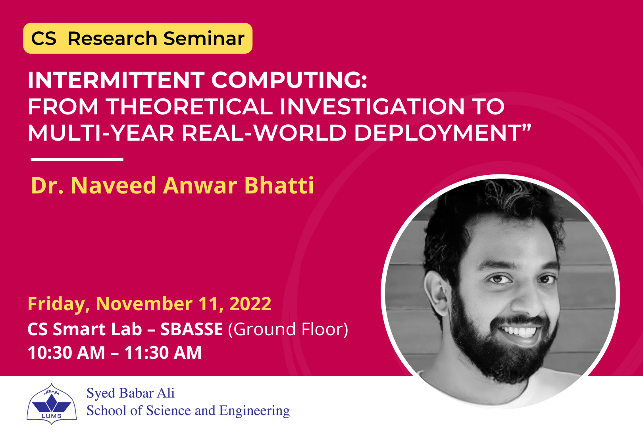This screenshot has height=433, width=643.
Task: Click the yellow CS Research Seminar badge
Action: [x=138, y=39]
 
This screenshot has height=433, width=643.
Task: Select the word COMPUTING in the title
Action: [x=289, y=80]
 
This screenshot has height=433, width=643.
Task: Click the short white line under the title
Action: [x=77, y=159]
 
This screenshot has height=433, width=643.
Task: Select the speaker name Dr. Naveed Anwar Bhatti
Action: [x=172, y=186]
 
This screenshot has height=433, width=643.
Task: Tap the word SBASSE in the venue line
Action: [x=191, y=329]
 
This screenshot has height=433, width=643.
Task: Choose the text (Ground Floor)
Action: [x=288, y=329]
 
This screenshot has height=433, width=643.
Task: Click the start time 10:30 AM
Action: [x=66, y=353]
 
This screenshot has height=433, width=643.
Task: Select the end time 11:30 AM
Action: [x=163, y=353]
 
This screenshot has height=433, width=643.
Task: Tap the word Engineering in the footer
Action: [x=254, y=410]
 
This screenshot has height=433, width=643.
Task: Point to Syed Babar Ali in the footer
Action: [x=131, y=393]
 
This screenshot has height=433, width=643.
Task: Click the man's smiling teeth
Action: [x=518, y=331]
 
